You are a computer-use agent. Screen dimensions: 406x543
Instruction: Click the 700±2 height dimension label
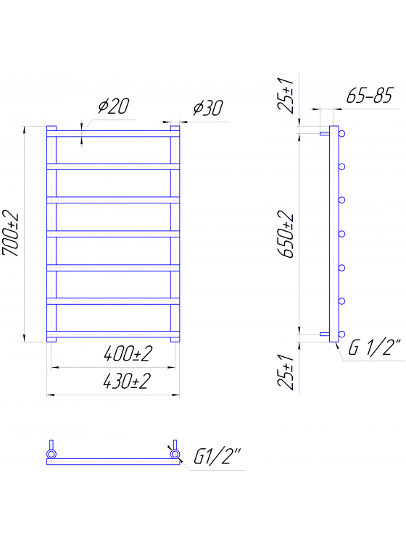(10, 233)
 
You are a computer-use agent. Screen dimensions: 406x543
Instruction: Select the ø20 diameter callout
(113, 106)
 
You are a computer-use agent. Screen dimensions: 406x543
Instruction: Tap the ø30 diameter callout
(208, 108)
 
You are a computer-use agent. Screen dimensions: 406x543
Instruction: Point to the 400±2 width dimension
(128, 354)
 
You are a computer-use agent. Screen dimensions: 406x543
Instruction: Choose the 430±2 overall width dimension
(127, 382)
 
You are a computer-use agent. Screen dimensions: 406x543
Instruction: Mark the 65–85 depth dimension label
(370, 96)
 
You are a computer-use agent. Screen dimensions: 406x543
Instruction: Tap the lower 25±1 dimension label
(286, 371)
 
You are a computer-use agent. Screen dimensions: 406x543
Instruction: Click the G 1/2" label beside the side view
(375, 348)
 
